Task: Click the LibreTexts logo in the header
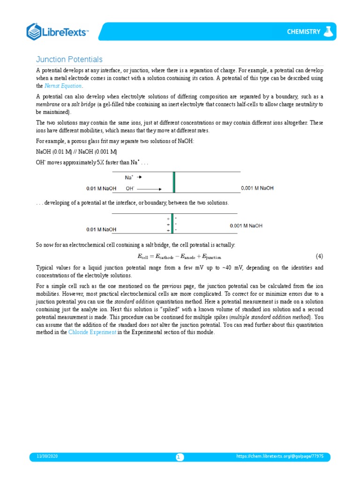click(57, 32)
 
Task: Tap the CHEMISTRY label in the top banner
click(303, 32)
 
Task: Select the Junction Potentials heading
click(69, 60)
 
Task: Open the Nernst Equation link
click(63, 86)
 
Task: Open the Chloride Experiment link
click(89, 332)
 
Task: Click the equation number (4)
click(319, 256)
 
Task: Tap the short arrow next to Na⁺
click(139, 178)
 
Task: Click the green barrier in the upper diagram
click(174, 182)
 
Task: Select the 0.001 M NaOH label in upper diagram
click(257, 188)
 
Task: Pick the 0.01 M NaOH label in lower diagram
click(101, 229)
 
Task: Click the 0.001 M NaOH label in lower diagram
click(246, 225)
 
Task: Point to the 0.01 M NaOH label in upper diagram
click(101, 189)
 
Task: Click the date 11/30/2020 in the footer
click(47, 456)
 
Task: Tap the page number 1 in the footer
click(180, 457)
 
